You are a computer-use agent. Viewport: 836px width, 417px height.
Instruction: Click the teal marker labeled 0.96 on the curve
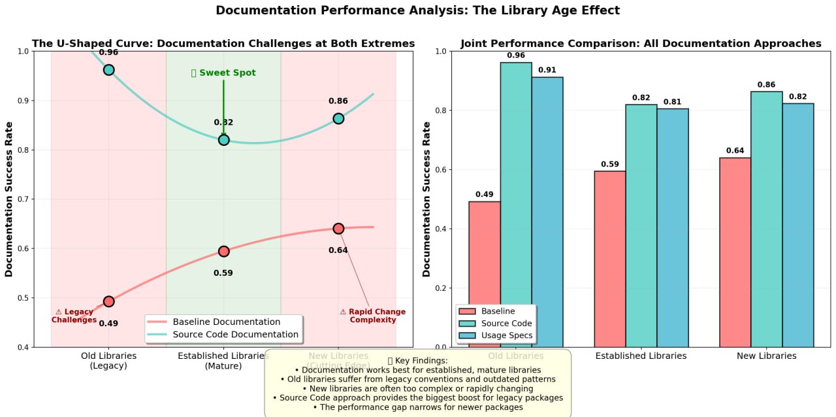tap(108, 70)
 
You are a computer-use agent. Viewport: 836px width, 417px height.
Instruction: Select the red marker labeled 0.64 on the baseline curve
tap(338, 229)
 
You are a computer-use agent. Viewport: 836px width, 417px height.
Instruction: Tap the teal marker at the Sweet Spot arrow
tap(223, 140)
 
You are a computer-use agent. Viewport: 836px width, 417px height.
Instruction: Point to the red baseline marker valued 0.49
tap(108, 301)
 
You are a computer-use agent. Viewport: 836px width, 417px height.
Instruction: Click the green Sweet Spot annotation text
tap(223, 73)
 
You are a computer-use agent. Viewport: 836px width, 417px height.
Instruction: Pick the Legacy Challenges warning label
tap(74, 316)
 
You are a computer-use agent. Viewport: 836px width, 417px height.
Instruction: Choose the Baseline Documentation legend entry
tap(226, 322)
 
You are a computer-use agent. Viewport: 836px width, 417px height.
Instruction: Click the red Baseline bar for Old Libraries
tap(485, 274)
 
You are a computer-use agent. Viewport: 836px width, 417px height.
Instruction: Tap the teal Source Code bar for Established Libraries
tap(641, 225)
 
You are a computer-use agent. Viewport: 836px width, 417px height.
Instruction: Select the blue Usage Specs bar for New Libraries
tap(798, 225)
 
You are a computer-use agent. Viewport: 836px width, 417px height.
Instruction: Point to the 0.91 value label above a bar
tap(547, 69)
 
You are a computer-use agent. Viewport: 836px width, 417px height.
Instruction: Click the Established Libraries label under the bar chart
tap(641, 356)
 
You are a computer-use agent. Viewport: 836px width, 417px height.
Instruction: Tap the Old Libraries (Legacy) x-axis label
tap(108, 361)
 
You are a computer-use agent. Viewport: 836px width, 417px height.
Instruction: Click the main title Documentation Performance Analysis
tap(417, 10)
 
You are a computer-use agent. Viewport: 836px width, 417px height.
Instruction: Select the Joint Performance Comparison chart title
tap(641, 44)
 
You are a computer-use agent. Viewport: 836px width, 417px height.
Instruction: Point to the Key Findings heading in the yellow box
tap(417, 361)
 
